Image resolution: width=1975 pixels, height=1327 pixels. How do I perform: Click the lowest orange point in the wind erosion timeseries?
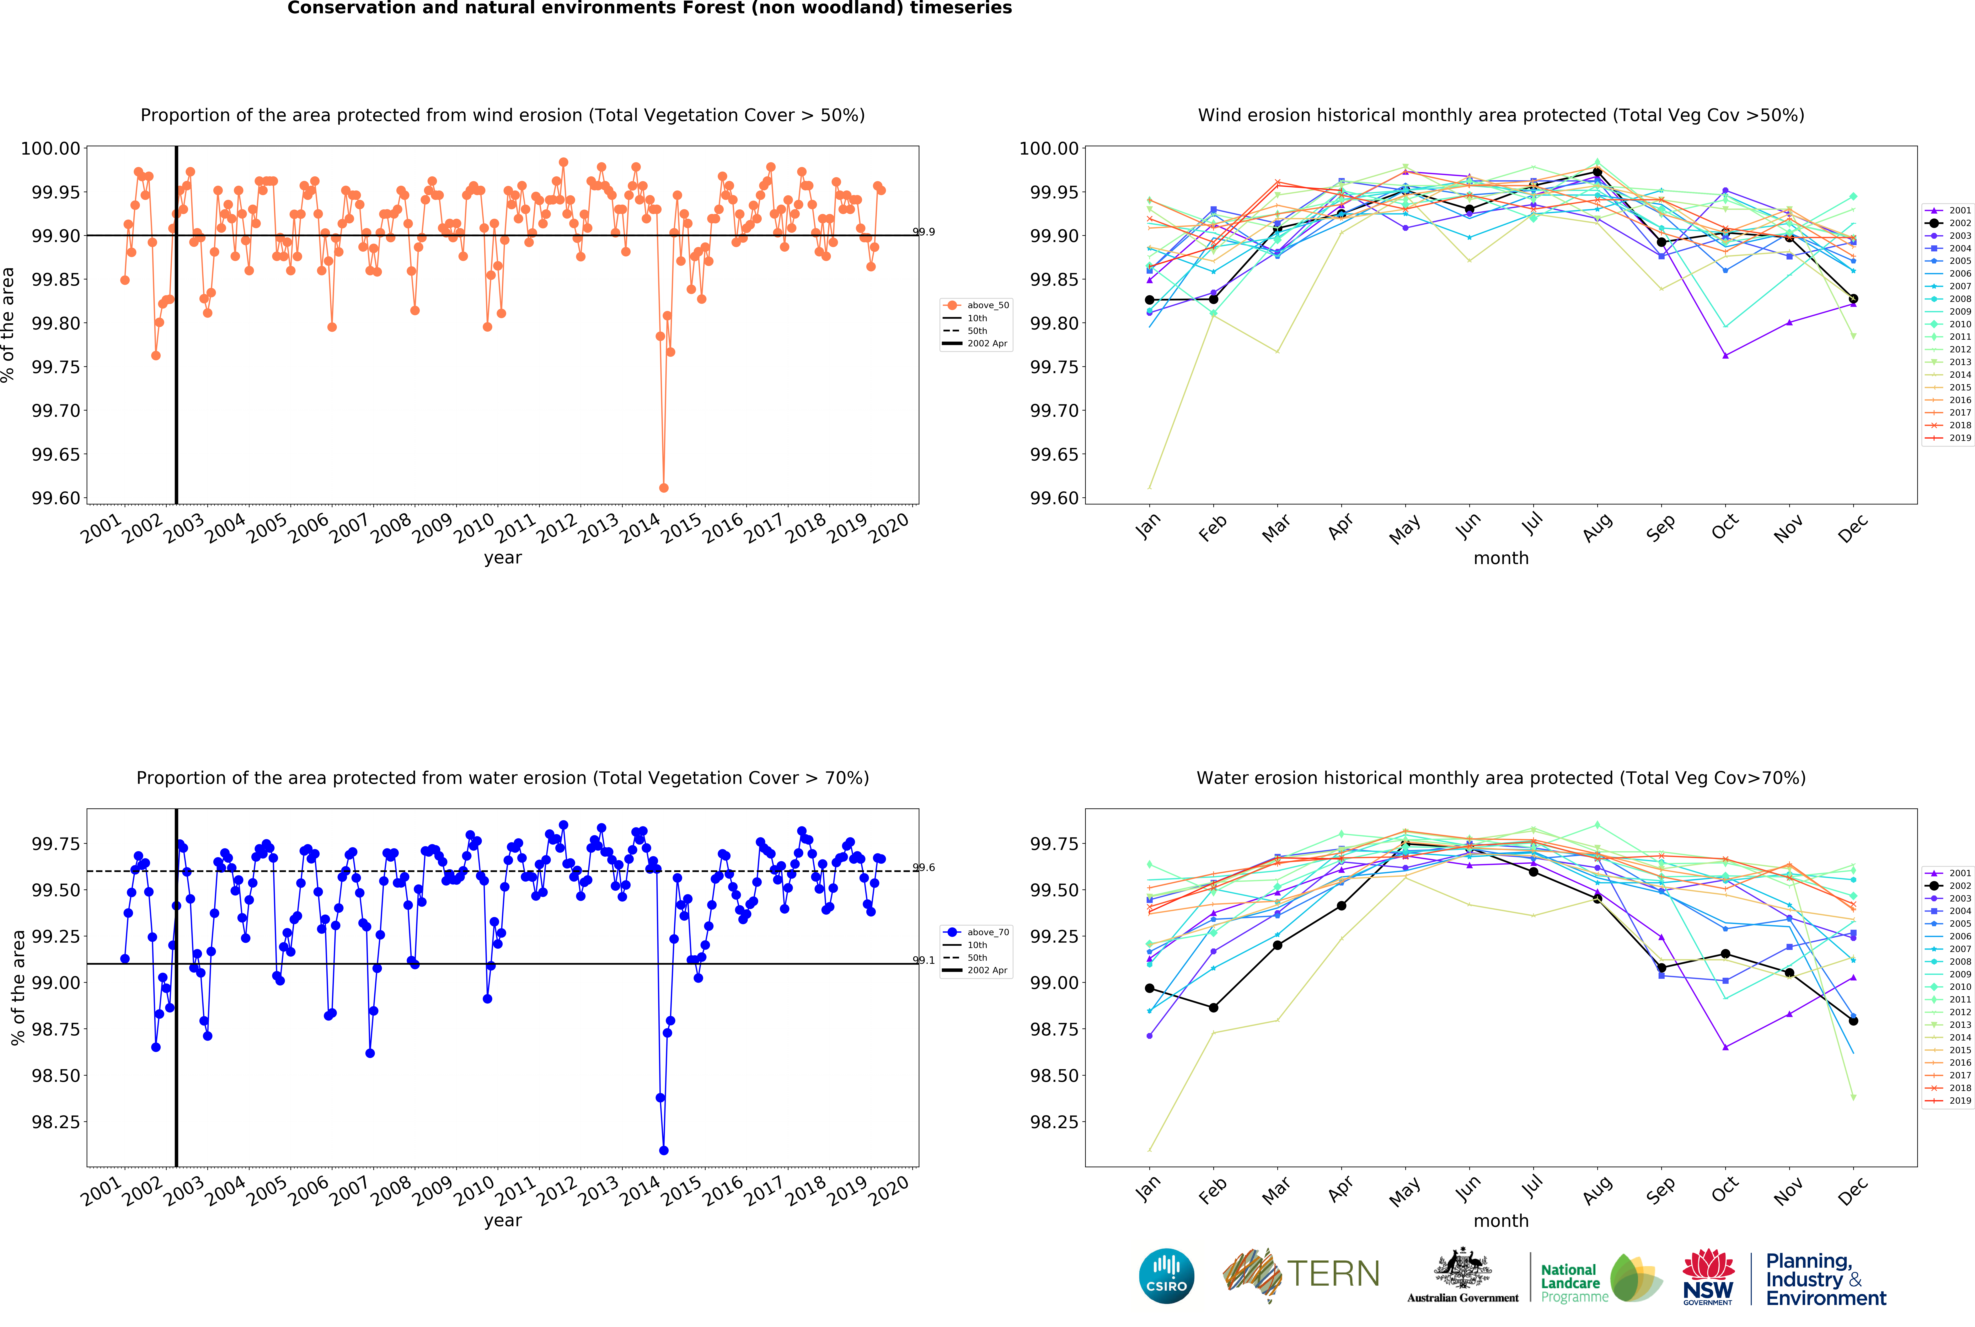[x=663, y=487]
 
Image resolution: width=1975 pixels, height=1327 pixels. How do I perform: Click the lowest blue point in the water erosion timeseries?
[x=663, y=1150]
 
